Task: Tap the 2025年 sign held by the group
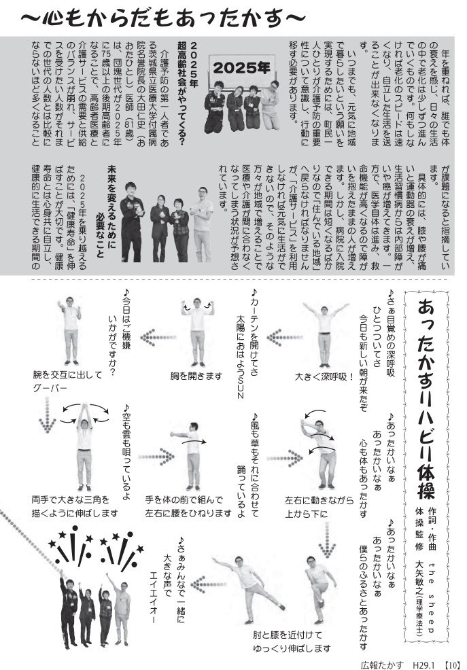click(240, 69)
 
